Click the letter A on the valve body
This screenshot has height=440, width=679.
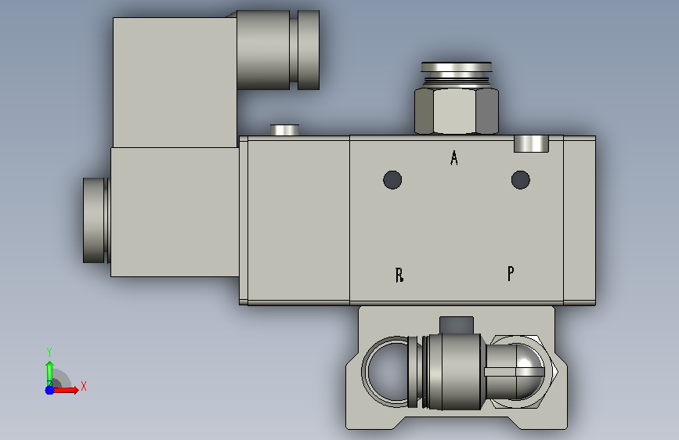coord(453,158)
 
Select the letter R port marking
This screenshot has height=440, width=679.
coord(399,275)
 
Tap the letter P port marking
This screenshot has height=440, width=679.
coord(511,274)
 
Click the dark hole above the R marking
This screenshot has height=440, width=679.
coord(392,180)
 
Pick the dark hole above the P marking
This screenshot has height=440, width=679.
coord(521,180)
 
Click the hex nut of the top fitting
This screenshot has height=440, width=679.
coord(457,110)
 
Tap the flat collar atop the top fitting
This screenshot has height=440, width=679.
coord(457,67)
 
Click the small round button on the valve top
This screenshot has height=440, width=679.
coord(284,130)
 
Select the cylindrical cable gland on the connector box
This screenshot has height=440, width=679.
coord(278,50)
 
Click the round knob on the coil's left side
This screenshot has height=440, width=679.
coord(95,220)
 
